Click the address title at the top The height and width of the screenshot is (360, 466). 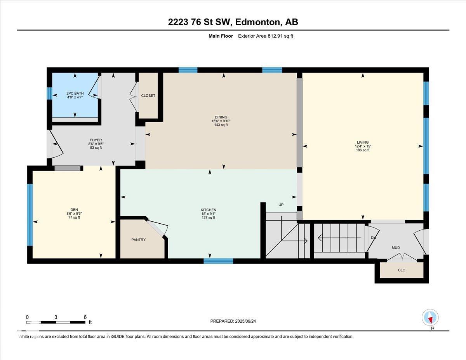pos(233,22)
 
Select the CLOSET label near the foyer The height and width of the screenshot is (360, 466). pos(148,96)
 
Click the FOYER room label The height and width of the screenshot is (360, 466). pos(95,140)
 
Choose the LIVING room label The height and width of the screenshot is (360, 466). pos(363,143)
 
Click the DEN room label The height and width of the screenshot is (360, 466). pos(74,210)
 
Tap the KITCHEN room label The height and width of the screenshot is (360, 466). pos(209,210)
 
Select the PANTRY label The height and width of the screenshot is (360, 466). pos(138,240)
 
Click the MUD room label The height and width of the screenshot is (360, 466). pos(395,248)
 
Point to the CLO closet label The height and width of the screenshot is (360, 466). pos(402,270)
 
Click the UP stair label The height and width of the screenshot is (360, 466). pos(281,205)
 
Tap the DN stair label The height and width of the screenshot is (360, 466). pos(373,238)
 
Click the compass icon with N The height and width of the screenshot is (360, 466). pos(430,318)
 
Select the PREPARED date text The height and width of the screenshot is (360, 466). pos(233,321)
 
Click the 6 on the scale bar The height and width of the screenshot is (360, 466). pos(85,317)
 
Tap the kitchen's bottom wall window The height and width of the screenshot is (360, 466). pos(218,261)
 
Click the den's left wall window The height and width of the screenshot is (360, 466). pos(30,214)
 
